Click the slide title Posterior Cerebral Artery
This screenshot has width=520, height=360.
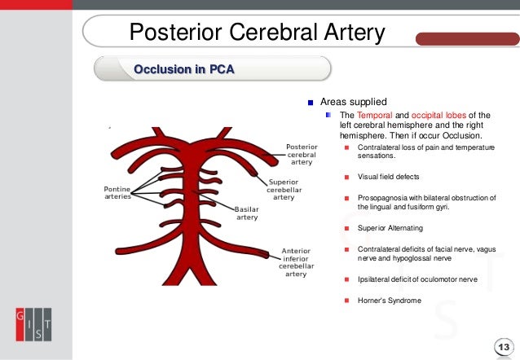[258, 33]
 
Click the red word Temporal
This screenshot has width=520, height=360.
[371, 116]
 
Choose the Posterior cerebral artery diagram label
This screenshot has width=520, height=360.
[302, 155]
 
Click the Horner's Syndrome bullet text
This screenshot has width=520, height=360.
[390, 301]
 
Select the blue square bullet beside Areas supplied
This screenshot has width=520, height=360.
[310, 103]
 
